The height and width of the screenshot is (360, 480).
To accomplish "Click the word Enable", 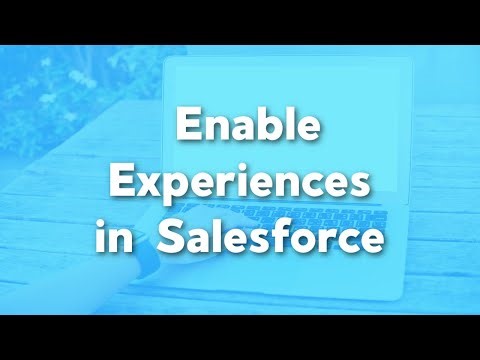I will click(x=239, y=129).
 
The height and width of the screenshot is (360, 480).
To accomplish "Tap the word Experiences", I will click(x=240, y=186).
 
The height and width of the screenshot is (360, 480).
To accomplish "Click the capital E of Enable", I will click(x=188, y=129).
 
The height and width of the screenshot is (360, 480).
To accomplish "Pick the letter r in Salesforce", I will click(x=331, y=242).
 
